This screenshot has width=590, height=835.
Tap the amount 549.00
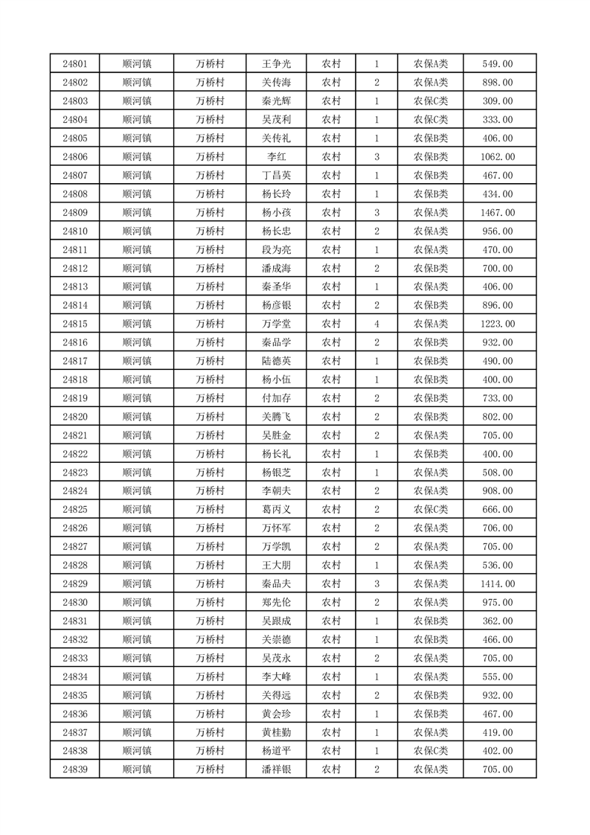(x=498, y=64)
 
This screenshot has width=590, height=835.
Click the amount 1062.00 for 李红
(x=498, y=157)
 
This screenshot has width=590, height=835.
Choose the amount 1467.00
(x=498, y=213)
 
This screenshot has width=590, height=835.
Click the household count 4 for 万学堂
(x=377, y=324)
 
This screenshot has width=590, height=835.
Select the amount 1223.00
(x=498, y=324)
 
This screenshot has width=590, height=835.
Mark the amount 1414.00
(x=498, y=584)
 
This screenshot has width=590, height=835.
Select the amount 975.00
(x=498, y=603)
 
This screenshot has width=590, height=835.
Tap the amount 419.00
(x=498, y=732)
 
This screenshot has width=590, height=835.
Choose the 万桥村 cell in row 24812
(x=210, y=269)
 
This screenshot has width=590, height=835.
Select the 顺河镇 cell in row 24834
(x=137, y=676)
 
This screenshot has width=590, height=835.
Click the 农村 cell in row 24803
(x=331, y=101)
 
